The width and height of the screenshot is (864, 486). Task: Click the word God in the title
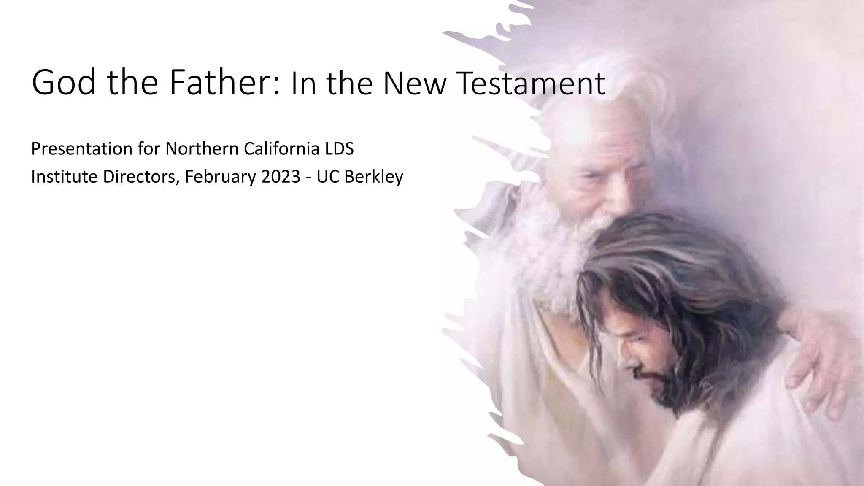coord(64,83)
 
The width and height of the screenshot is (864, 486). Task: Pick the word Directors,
coord(141,177)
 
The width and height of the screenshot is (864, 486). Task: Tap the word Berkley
coord(374,177)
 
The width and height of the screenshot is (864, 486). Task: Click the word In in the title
coord(300,84)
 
